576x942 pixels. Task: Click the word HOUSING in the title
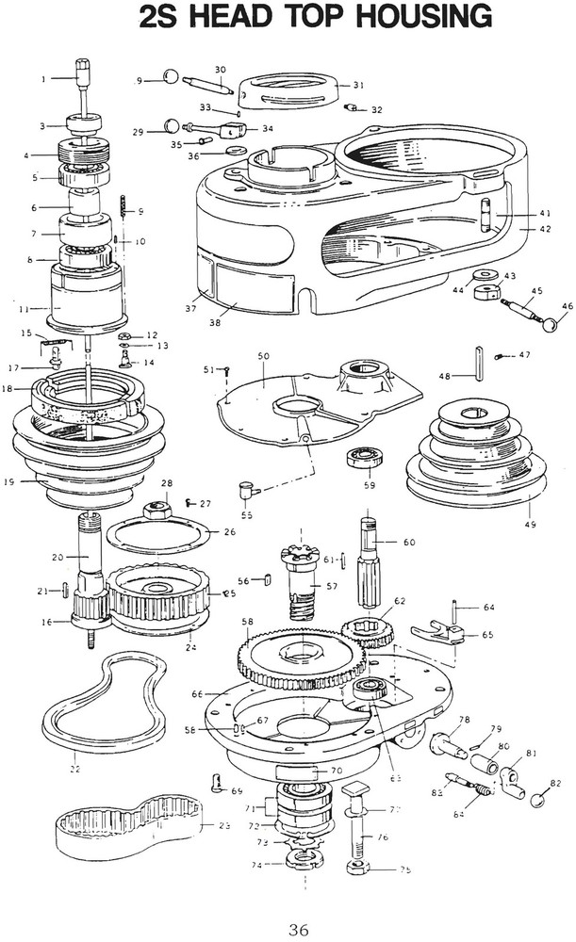click(x=411, y=17)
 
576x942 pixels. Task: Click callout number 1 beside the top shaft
click(x=43, y=79)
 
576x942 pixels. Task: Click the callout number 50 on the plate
click(x=264, y=356)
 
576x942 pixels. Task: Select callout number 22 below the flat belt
click(x=75, y=771)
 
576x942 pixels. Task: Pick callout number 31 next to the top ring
click(x=358, y=85)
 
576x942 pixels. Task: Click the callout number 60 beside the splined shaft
click(x=408, y=543)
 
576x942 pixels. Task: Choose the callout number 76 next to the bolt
click(x=384, y=836)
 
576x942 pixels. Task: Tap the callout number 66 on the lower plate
click(x=198, y=694)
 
